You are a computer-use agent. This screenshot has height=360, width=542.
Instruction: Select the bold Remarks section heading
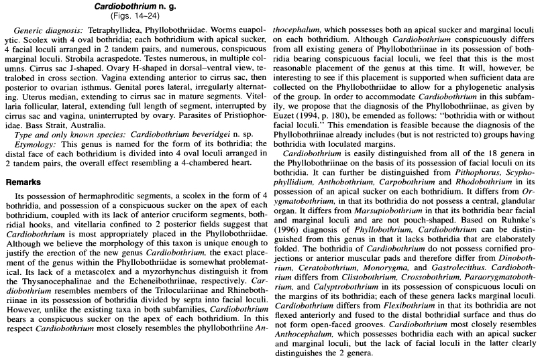coord(24,181)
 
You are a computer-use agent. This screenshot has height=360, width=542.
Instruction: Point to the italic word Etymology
coord(34,145)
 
